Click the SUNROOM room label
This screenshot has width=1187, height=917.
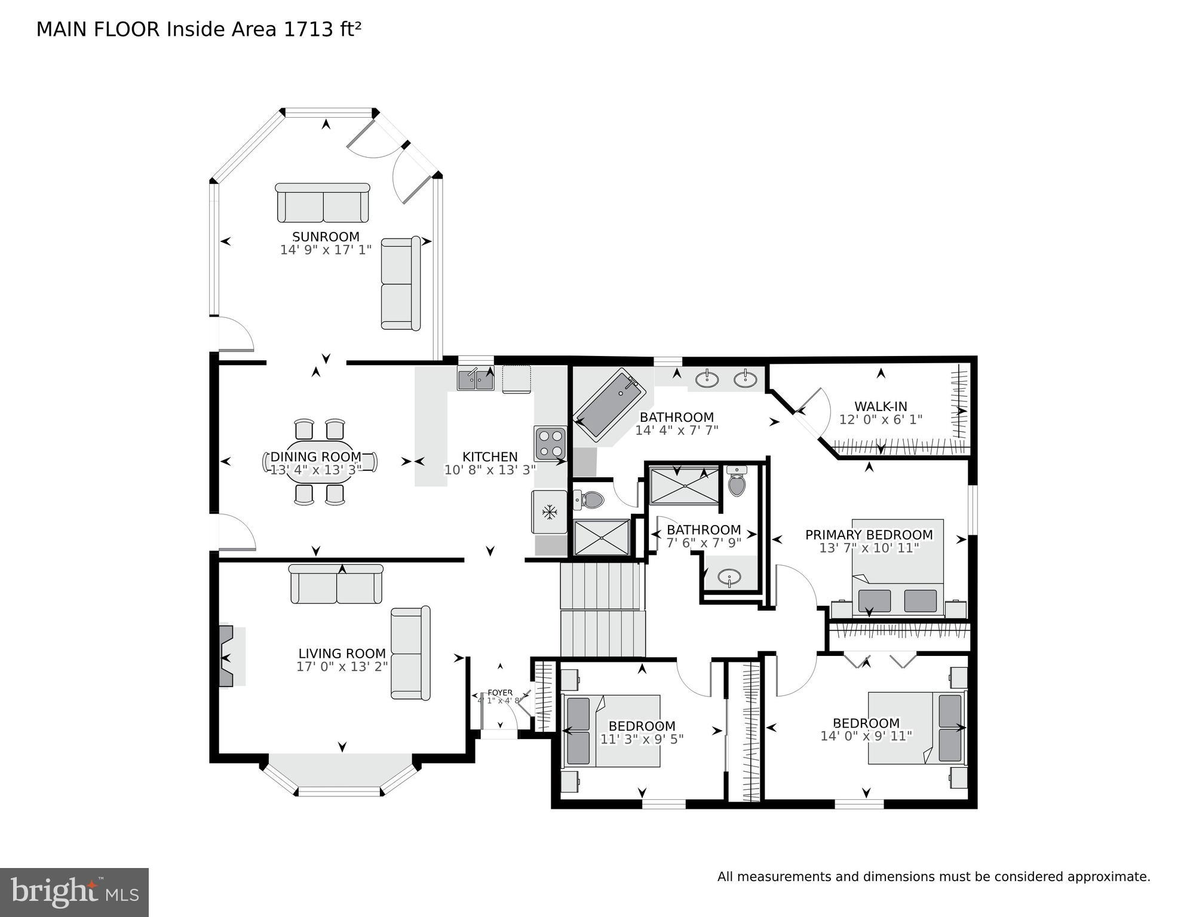pyautogui.click(x=326, y=237)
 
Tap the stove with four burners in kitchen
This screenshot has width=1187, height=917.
pyautogui.click(x=550, y=443)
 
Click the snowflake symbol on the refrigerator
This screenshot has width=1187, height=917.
pyautogui.click(x=549, y=512)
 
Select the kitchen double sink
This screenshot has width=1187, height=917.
pyautogui.click(x=476, y=379)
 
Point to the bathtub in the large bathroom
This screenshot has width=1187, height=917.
pyautogui.click(x=609, y=405)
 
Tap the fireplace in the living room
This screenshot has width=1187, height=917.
pyautogui.click(x=230, y=657)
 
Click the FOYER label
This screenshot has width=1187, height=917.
pyautogui.click(x=499, y=693)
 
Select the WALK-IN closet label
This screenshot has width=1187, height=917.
pyautogui.click(x=880, y=407)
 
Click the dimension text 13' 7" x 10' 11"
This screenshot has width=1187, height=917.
pyautogui.click(x=869, y=548)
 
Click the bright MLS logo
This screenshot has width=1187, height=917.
pyautogui.click(x=74, y=892)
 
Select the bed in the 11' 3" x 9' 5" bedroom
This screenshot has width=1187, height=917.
pyautogui.click(x=612, y=731)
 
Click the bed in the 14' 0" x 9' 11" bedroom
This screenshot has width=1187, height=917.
pyautogui.click(x=916, y=728)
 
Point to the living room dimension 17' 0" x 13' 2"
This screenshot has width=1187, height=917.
pyautogui.click(x=342, y=667)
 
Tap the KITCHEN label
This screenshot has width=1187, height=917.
pyautogui.click(x=489, y=457)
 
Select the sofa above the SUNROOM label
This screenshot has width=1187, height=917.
pyautogui.click(x=323, y=203)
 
